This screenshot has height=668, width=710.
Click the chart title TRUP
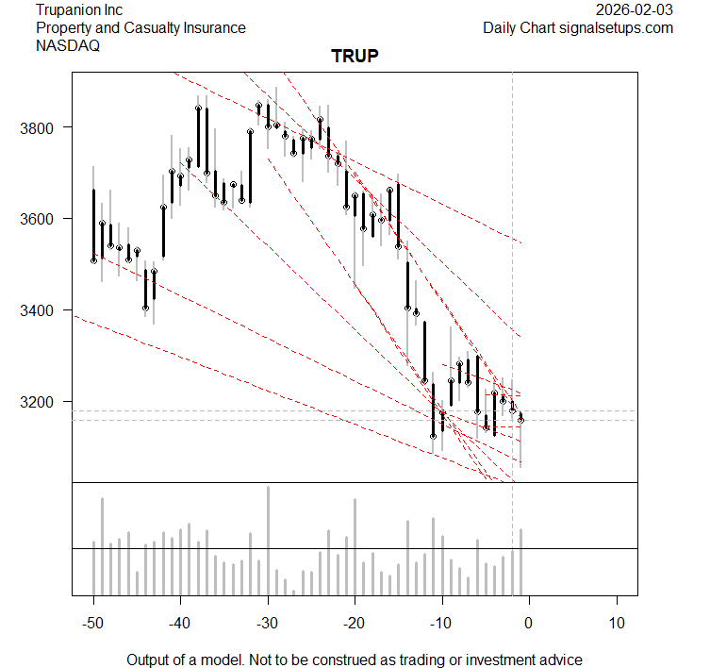tap(355, 57)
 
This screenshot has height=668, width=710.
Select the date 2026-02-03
tap(635, 10)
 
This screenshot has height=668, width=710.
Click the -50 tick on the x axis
tap(93, 623)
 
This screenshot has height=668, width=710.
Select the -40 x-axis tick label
tap(180, 623)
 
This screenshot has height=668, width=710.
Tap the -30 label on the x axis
tap(268, 623)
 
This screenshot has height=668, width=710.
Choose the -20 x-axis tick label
tap(355, 623)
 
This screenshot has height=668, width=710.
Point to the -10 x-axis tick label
tap(441, 623)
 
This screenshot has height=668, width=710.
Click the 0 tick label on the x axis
tap(529, 623)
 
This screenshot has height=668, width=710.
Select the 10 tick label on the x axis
tap(616, 623)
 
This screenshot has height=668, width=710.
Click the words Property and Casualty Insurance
tap(140, 28)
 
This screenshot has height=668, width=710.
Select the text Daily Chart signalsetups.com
tap(578, 28)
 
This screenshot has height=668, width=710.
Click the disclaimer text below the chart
tap(355, 660)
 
